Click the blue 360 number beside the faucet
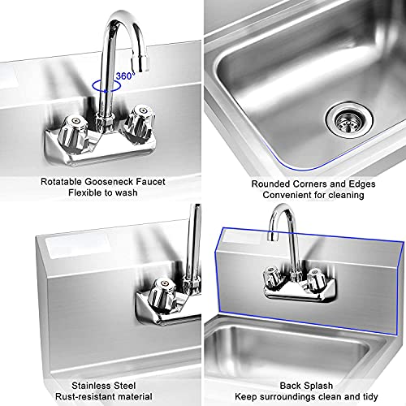pyautogui.click(x=124, y=76)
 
